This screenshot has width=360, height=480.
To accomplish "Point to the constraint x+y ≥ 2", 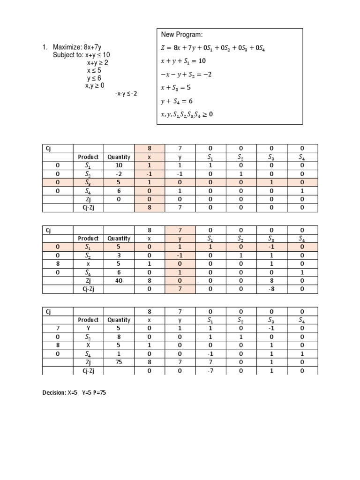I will [x=97, y=63].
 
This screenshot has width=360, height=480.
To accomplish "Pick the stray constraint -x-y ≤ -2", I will [x=126, y=94].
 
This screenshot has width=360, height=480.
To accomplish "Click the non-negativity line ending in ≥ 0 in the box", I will [x=187, y=114].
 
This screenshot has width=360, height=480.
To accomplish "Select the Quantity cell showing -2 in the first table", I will [x=119, y=173].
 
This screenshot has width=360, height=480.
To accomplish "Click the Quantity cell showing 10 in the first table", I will [x=119, y=165].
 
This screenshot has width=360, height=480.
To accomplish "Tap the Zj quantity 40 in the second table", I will [x=119, y=281].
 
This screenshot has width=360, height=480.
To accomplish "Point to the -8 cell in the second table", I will [x=271, y=289].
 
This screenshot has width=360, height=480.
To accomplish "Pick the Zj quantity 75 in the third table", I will [x=119, y=362].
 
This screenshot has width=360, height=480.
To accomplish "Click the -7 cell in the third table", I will [x=210, y=370].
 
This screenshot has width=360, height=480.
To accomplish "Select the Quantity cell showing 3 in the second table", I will [x=119, y=255].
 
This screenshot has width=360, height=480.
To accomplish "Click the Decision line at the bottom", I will [x=75, y=393].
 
